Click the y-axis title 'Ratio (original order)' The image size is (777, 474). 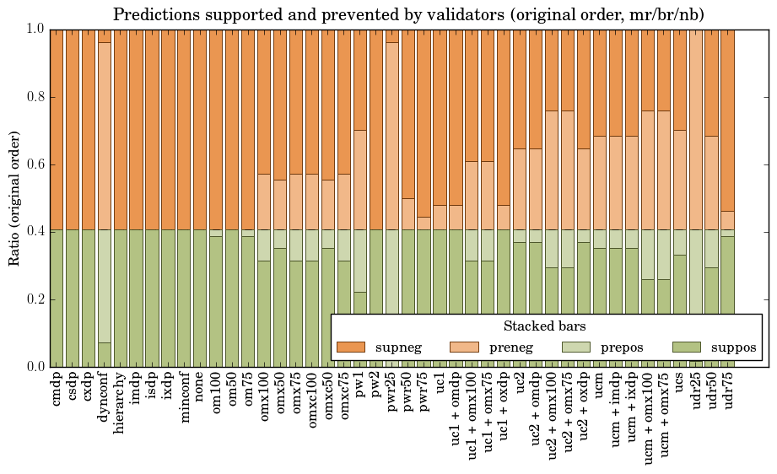pos(14,197)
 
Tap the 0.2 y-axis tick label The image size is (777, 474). pos(33,299)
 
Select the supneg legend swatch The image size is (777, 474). pos(350,347)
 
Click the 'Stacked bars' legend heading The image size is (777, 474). pos(545,326)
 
